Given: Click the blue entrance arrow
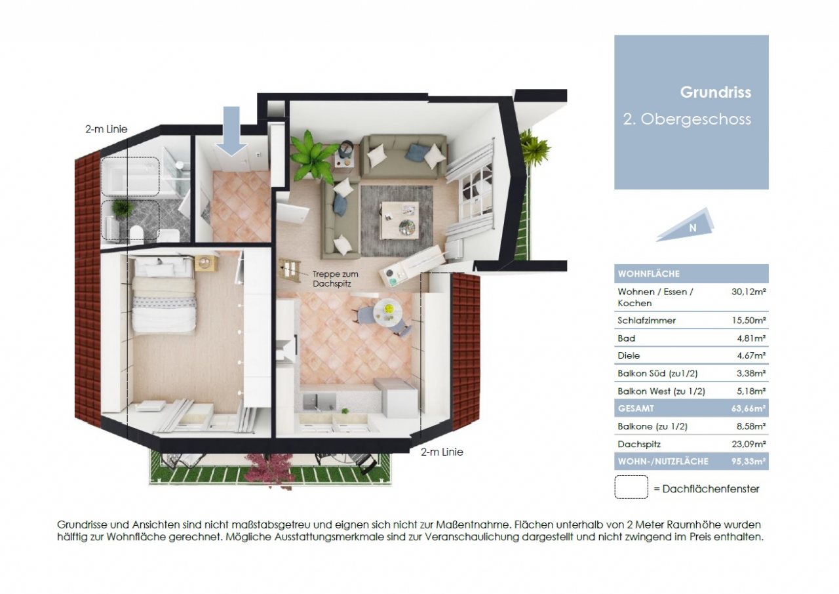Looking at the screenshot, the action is pyautogui.click(x=231, y=131).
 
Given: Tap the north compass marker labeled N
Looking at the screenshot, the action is pyautogui.click(x=686, y=226).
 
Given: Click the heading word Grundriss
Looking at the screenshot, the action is pyautogui.click(x=715, y=92).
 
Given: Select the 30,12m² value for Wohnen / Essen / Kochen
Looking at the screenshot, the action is pyautogui.click(x=749, y=292).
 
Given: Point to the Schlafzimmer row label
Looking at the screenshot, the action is pyautogui.click(x=646, y=321).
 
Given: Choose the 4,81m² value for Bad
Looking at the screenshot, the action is pyautogui.click(x=751, y=338).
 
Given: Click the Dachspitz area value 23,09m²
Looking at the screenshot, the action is pyautogui.click(x=749, y=445).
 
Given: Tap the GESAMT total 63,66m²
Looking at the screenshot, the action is pyautogui.click(x=749, y=408).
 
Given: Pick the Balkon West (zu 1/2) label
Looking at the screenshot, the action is pyautogui.click(x=661, y=391).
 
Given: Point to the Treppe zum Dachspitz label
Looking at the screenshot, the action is pyautogui.click(x=335, y=279).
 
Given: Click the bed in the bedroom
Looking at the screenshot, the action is pyautogui.click(x=164, y=294).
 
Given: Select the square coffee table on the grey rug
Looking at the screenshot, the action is pyautogui.click(x=400, y=220).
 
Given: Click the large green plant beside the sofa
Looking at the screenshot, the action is pyautogui.click(x=312, y=156).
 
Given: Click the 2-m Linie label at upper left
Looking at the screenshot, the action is pyautogui.click(x=106, y=129).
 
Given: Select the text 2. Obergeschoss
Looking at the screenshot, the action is pyautogui.click(x=687, y=119).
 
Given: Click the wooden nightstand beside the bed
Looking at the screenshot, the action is pyautogui.click(x=206, y=263).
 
